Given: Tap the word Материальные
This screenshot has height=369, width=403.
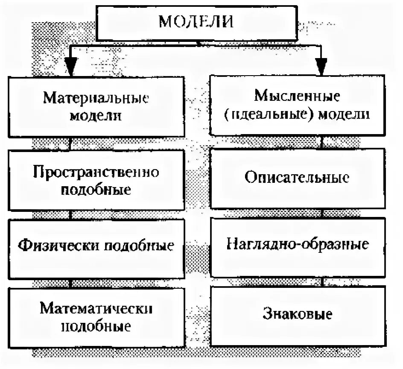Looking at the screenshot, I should (x=96, y=99).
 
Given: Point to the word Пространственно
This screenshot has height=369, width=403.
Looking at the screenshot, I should (x=96, y=173).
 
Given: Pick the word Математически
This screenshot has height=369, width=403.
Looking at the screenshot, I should (x=96, y=309).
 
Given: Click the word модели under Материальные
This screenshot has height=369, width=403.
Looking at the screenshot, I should (x=96, y=116).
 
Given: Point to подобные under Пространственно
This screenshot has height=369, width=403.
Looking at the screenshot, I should (x=96, y=190).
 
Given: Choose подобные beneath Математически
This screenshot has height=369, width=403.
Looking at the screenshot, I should (x=96, y=327).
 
